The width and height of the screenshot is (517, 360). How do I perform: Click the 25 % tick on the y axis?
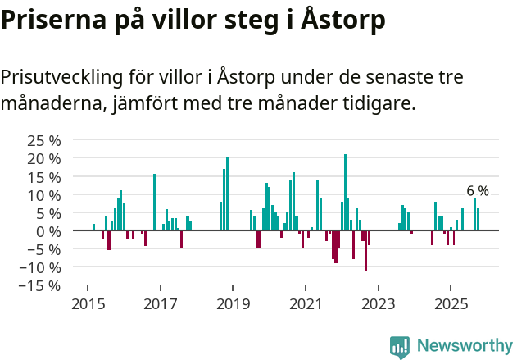coord(44,141)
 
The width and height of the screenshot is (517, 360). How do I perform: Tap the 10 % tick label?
coord(44,195)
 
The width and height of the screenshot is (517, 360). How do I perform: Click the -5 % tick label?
coord(43,249)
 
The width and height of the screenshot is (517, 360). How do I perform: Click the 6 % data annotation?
coord(477,191)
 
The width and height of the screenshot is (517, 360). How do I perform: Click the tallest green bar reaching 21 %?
coord(345,192)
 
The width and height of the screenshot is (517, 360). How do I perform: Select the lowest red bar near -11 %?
coord(366,250)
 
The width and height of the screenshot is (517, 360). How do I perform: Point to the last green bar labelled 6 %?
coord(478,220)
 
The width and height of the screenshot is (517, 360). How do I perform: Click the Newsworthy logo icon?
coord(400,346)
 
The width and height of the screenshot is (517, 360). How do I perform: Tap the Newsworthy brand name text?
coord(464,346)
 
